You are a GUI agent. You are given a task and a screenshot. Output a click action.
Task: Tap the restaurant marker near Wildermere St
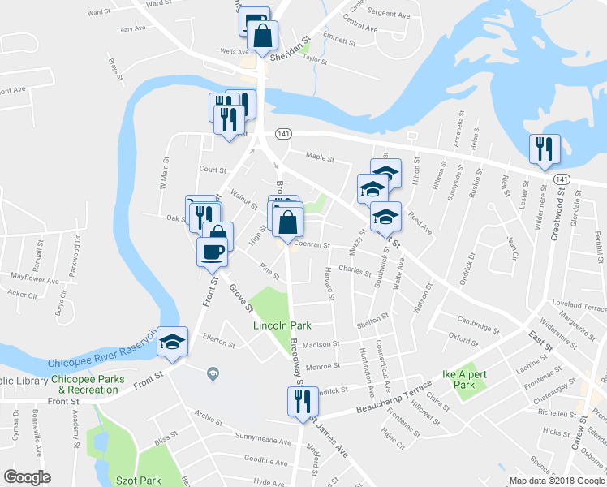click(543, 149)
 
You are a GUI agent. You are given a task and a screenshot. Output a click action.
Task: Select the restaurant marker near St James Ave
click(299, 400)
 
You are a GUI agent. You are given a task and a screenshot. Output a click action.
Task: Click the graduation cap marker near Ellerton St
click(173, 341)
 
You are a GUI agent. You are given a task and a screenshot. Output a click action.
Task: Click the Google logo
click(27, 477)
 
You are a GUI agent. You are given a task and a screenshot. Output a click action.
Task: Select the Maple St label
click(320, 157)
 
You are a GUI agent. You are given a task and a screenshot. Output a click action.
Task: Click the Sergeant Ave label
click(389, 14)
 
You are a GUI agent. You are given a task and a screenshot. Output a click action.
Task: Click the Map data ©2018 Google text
click(556, 481)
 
